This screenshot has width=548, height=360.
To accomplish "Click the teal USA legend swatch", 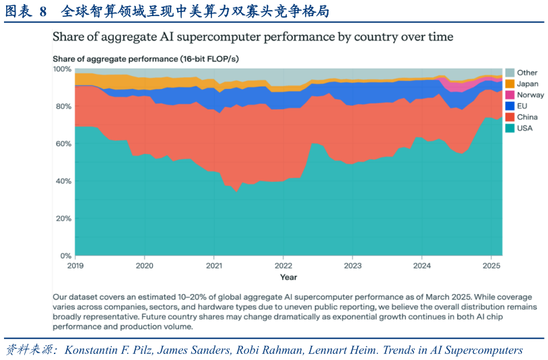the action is (510, 128).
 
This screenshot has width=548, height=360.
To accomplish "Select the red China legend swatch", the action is (510, 117).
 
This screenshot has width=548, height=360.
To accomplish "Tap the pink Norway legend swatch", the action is (510, 95).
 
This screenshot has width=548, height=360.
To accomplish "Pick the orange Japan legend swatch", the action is (510, 84).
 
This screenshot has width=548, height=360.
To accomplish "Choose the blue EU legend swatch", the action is (510, 106).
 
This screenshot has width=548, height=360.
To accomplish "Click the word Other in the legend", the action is (527, 73).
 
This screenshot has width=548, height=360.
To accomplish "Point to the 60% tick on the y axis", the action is (63, 143).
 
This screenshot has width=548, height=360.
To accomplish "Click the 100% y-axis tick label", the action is (62, 69).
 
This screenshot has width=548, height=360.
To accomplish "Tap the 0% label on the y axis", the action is (66, 256).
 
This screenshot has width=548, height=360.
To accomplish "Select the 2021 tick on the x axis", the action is (214, 266).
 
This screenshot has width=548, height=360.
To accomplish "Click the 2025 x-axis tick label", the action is (491, 266).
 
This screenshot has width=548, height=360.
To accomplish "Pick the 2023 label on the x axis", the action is (353, 266).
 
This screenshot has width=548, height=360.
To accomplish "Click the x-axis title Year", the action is (288, 277).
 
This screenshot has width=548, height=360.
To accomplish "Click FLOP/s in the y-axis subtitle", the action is (223, 59).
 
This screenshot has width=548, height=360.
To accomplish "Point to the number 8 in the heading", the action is (43, 11).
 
